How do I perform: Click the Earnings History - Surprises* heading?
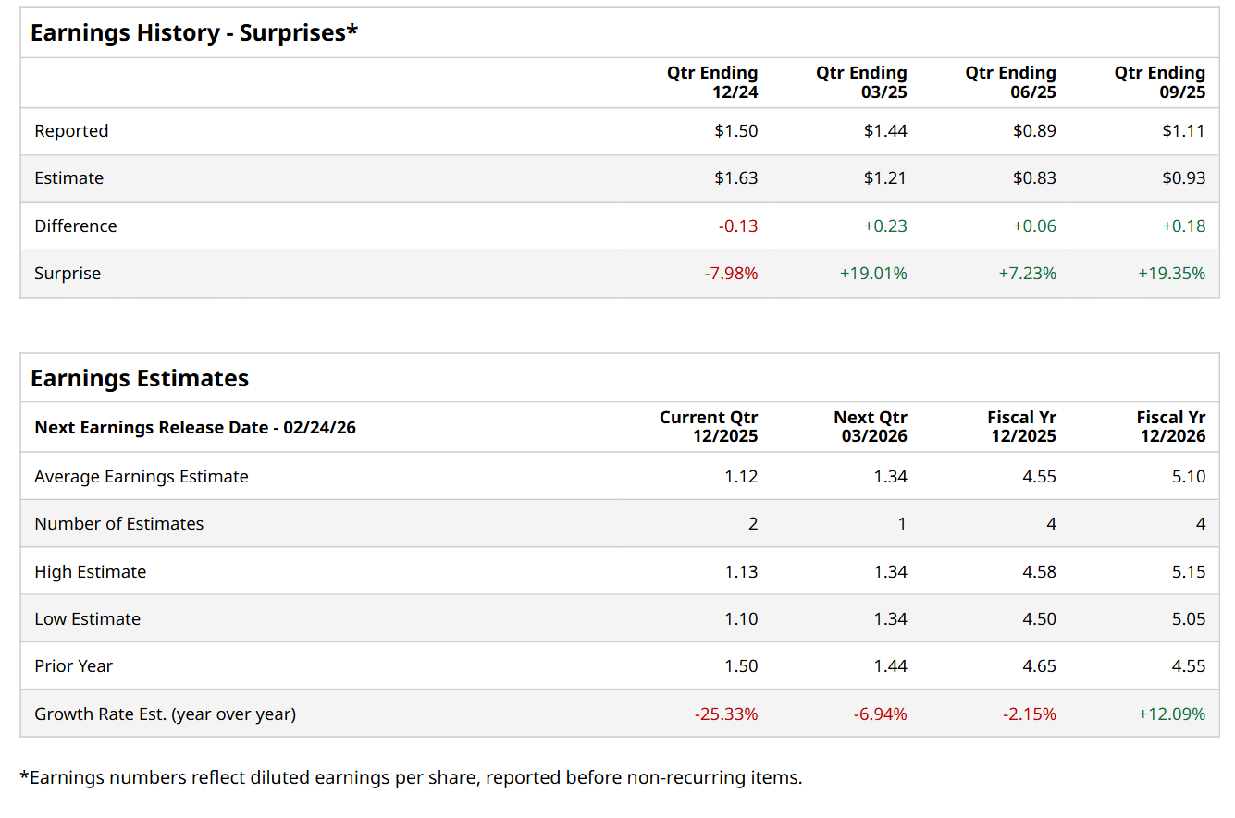pyautogui.click(x=194, y=33)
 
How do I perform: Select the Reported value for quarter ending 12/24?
pyautogui.click(x=735, y=131)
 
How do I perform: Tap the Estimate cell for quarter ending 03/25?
pyautogui.click(x=885, y=178)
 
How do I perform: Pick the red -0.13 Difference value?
pyautogui.click(x=738, y=226)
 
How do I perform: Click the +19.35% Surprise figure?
pyautogui.click(x=1171, y=274)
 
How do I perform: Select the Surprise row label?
pyautogui.click(x=68, y=274)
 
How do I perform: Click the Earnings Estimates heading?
pyautogui.click(x=140, y=379)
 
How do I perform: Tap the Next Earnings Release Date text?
pyautogui.click(x=195, y=428)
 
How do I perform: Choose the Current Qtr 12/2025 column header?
pyautogui.click(x=708, y=427)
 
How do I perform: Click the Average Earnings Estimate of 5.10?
pyautogui.click(x=1189, y=477)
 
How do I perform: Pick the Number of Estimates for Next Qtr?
pyautogui.click(x=902, y=524)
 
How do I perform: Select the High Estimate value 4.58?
pyautogui.click(x=1039, y=572)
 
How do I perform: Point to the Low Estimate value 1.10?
pyautogui.click(x=741, y=619)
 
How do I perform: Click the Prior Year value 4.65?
pyautogui.click(x=1039, y=666)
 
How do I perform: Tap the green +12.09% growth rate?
pyautogui.click(x=1171, y=714)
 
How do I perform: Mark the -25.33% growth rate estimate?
pyautogui.click(x=725, y=714)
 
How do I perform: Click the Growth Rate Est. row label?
pyautogui.click(x=165, y=714)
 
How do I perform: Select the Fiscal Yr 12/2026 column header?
pyautogui.click(x=1170, y=427)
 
